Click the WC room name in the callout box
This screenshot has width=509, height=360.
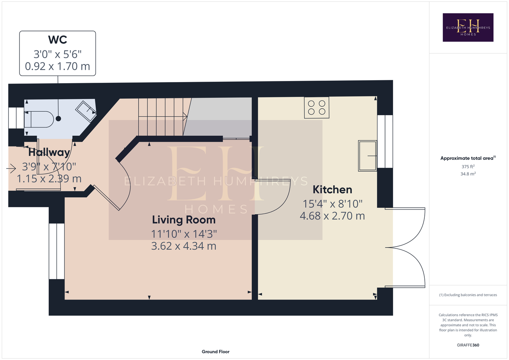click(x=58, y=40)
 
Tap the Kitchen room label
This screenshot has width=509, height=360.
click(x=332, y=190)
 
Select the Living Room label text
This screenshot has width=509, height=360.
click(x=184, y=220)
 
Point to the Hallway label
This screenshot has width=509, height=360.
click(x=49, y=152)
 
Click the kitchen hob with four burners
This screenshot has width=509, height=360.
click(x=317, y=108)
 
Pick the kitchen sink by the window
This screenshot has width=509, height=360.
click(x=367, y=156)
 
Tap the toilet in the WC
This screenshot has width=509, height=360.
click(x=39, y=119)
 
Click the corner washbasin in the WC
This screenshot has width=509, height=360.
click(x=86, y=111)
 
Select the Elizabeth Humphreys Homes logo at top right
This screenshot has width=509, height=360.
click(x=468, y=27)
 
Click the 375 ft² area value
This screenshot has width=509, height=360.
click(x=468, y=166)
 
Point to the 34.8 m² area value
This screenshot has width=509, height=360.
click(x=468, y=174)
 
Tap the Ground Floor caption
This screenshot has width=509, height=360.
click(x=215, y=352)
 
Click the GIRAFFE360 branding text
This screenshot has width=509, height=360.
click(x=468, y=345)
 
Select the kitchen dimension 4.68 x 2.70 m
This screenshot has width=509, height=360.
click(x=332, y=216)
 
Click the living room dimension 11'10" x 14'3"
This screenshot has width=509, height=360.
click(x=184, y=234)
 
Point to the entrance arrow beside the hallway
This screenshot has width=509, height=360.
click(x=11, y=168)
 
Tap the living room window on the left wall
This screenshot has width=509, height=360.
click(x=57, y=251)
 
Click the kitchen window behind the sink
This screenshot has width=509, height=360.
click(x=385, y=141)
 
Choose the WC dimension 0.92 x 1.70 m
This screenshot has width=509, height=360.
click(x=58, y=66)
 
